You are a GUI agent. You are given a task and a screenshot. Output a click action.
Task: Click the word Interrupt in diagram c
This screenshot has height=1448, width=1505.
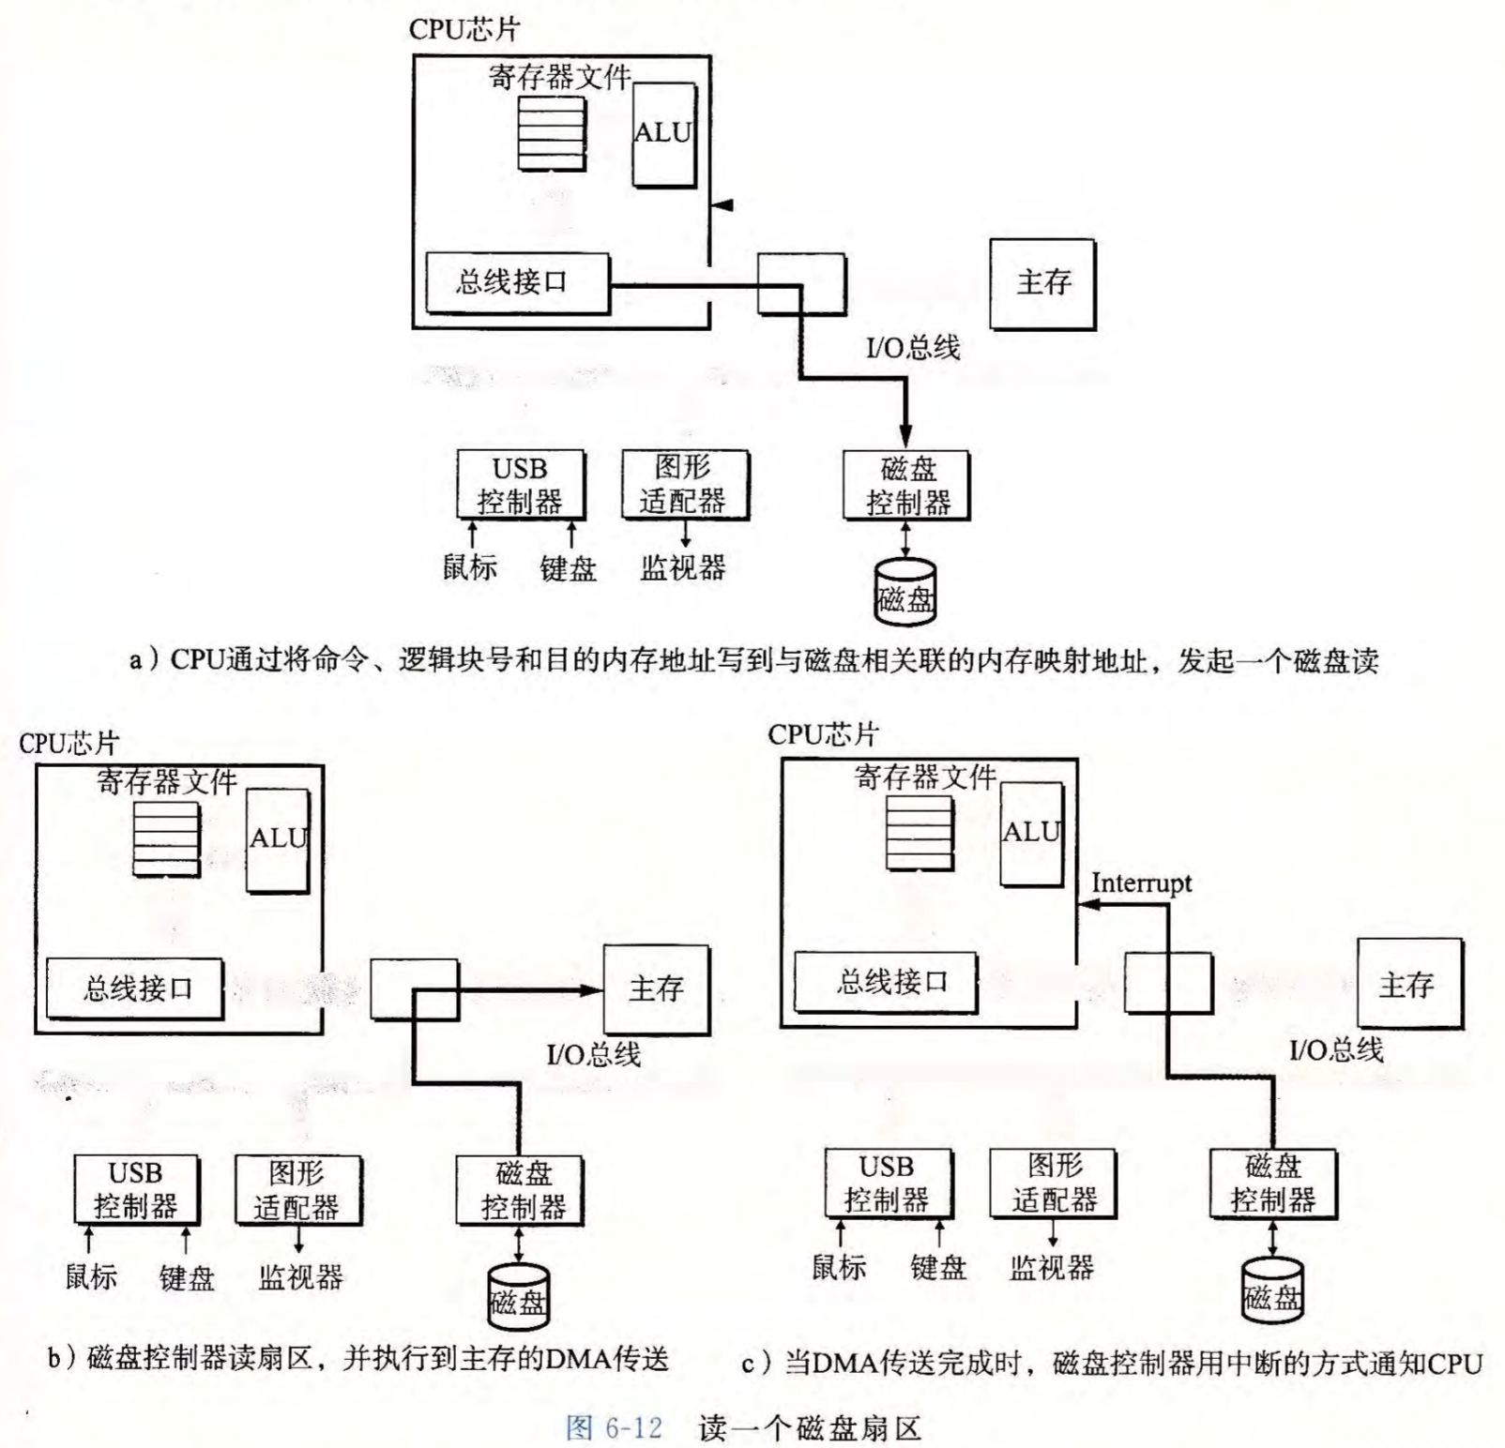(x=1141, y=883)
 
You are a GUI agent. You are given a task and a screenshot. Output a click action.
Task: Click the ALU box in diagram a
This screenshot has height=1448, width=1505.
(x=663, y=134)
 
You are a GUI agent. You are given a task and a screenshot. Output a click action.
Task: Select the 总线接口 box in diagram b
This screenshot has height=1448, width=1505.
(x=136, y=988)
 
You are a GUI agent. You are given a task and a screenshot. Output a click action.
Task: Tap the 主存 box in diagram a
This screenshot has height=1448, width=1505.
(x=1042, y=282)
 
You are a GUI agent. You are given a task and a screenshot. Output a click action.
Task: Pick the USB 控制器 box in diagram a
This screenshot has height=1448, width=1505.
(x=520, y=485)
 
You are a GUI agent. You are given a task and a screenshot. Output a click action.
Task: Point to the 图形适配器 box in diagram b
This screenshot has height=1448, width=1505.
(x=297, y=1189)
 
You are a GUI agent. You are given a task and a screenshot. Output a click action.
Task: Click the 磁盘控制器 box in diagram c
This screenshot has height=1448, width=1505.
(x=1272, y=1184)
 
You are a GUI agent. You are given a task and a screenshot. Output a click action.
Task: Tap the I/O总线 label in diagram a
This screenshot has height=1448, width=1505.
(x=912, y=349)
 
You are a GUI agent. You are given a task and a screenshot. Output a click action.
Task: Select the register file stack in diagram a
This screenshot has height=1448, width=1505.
(x=552, y=133)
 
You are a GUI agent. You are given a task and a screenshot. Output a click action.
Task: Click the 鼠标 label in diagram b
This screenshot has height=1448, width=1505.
(x=91, y=1276)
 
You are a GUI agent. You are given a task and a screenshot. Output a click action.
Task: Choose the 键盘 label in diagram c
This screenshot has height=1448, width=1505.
(x=937, y=1268)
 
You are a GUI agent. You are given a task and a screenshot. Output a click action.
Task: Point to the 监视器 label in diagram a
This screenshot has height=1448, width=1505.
(x=683, y=567)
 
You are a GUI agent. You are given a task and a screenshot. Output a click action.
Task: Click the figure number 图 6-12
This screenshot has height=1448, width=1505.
(x=615, y=1428)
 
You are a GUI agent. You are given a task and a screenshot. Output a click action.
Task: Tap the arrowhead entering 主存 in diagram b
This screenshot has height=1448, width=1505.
(x=592, y=989)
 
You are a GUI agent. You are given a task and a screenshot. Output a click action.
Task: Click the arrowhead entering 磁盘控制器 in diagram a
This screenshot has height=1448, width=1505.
(x=905, y=436)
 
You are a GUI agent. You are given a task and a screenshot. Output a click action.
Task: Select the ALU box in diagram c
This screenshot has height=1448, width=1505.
(x=1031, y=833)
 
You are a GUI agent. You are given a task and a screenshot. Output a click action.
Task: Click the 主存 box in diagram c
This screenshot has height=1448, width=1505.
(x=1407, y=985)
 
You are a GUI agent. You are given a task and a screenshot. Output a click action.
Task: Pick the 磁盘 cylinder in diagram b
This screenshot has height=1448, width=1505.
(x=518, y=1298)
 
